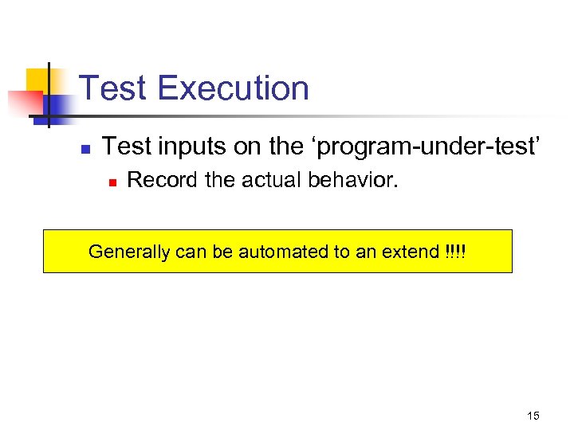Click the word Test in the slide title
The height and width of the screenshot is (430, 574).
click(114, 88)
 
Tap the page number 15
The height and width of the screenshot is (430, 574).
click(533, 415)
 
